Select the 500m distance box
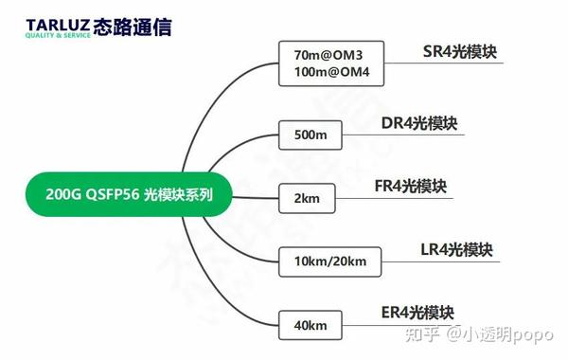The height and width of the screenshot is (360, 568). (x=311, y=135)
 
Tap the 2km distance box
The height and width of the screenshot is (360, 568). (x=304, y=198)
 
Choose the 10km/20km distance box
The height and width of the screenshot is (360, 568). (x=330, y=261)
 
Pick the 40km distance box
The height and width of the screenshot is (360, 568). (x=310, y=325)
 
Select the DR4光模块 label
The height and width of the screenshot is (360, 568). (x=418, y=123)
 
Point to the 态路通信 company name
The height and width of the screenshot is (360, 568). (x=138, y=27)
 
